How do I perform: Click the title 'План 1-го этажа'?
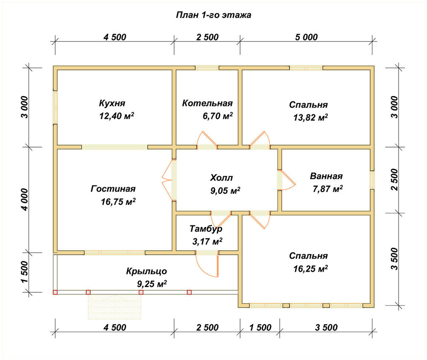(x=213, y=15)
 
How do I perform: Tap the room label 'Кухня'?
(x=112, y=103)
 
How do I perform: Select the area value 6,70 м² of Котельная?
(x=218, y=116)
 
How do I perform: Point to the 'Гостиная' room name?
(x=113, y=189)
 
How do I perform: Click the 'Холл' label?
(x=221, y=178)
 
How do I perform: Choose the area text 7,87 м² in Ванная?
(x=328, y=189)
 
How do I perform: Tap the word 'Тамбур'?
(x=206, y=229)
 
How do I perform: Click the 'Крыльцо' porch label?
(x=146, y=271)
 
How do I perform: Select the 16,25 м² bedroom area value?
(x=310, y=269)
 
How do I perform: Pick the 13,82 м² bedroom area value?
(x=310, y=117)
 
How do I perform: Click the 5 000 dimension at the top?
(x=306, y=37)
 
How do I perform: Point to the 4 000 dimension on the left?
(x=24, y=200)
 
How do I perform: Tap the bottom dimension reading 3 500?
(x=326, y=327)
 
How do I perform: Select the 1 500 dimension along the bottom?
(x=260, y=327)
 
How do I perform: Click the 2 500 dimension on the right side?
(x=394, y=180)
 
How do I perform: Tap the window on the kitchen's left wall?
(x=55, y=107)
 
